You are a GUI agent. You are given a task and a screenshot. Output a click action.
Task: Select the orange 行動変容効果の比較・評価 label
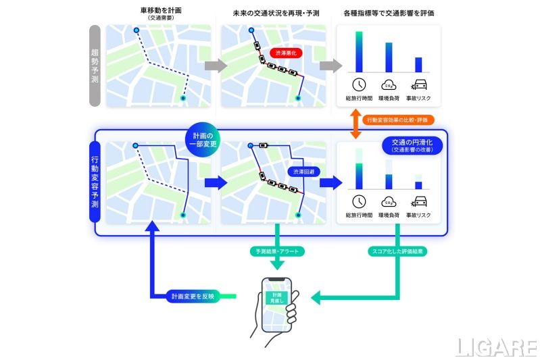(395, 120)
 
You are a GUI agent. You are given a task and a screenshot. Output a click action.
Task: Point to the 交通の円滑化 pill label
(412, 145)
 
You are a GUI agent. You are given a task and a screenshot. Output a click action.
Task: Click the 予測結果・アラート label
(277, 251)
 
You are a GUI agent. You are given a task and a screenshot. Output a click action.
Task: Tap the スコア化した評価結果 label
(397, 251)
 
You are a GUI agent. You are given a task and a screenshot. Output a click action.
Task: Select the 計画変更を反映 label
(191, 296)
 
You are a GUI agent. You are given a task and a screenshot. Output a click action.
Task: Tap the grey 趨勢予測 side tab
(95, 66)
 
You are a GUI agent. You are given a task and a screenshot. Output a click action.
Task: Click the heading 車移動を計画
(160, 11)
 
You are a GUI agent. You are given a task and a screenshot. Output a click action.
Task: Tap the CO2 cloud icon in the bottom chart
(389, 201)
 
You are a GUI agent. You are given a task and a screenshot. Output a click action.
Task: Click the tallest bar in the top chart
(359, 51)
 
